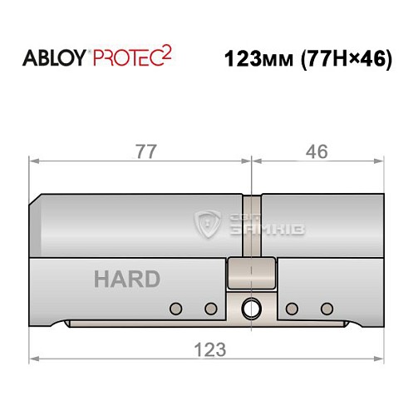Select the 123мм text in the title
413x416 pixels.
[x=259, y=61]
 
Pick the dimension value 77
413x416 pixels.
[x=142, y=151]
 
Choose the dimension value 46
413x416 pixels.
[x=317, y=151]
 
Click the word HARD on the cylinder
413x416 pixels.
[x=126, y=279]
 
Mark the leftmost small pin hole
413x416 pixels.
[x=175, y=310]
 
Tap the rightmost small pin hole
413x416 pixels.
[x=326, y=310]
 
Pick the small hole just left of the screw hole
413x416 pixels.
[x=211, y=310]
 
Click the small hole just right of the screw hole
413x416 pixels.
[x=291, y=310]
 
